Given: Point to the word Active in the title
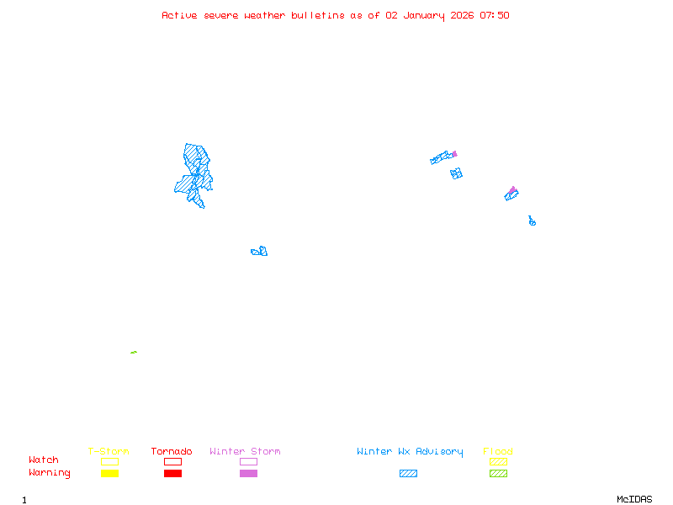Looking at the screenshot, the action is coord(180,15).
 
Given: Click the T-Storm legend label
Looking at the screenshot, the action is coord(109,451).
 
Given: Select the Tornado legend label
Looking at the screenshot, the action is coord(172,451).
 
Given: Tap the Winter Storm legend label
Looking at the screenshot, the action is coord(245,451).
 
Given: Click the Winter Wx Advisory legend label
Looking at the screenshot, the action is coord(410,451).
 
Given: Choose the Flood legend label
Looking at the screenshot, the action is coord(497,451).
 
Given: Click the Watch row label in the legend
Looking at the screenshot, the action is coord(44,460).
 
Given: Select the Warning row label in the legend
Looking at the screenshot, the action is coord(50,473).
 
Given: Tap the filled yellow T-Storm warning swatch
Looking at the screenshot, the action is coord(109,473).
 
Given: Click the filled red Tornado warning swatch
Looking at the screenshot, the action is coord(172,473).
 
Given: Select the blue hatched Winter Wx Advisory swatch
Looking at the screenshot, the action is coord(408,473).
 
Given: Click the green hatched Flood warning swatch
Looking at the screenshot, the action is coord(498,473).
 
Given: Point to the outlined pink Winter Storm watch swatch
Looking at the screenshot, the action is coord(248,461).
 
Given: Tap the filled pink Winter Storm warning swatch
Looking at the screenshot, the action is coord(248,473).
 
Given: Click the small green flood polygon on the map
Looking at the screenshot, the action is coord(134,352).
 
